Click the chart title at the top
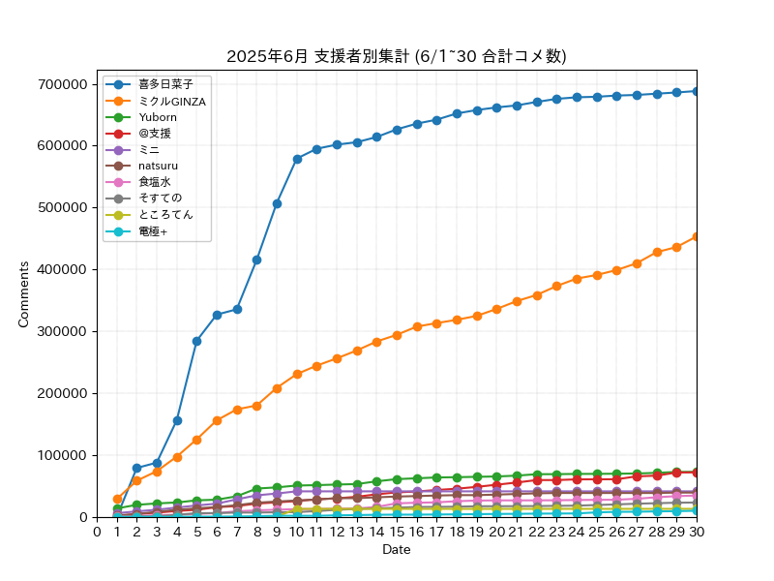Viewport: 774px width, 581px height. point(397,56)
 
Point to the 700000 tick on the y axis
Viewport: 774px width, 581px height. point(62,84)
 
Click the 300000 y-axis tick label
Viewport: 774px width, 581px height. point(62,331)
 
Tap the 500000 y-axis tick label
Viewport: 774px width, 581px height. point(62,207)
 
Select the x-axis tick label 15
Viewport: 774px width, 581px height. point(397,532)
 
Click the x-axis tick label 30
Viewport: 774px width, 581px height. point(697,532)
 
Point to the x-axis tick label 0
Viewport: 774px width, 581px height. point(98,532)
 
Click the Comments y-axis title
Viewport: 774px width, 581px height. point(23,294)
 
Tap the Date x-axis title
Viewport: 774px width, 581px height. point(397,549)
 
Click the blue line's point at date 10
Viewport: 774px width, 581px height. point(297,159)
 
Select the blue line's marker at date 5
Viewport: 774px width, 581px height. point(197,342)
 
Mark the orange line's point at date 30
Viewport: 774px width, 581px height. point(697,236)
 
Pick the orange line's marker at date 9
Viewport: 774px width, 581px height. point(277,389)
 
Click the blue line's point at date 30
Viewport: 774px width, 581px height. point(697,91)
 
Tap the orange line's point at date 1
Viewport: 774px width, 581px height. point(117,499)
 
